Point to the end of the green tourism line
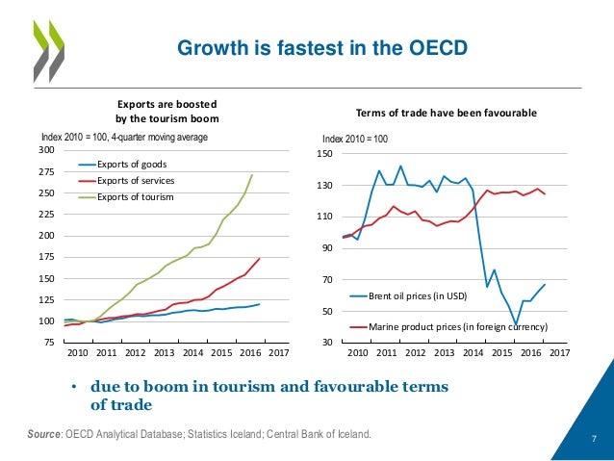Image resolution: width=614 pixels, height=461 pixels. click(252, 175)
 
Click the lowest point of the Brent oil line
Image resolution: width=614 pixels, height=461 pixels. click(516, 325)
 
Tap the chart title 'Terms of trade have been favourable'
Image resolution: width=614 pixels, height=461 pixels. click(447, 113)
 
